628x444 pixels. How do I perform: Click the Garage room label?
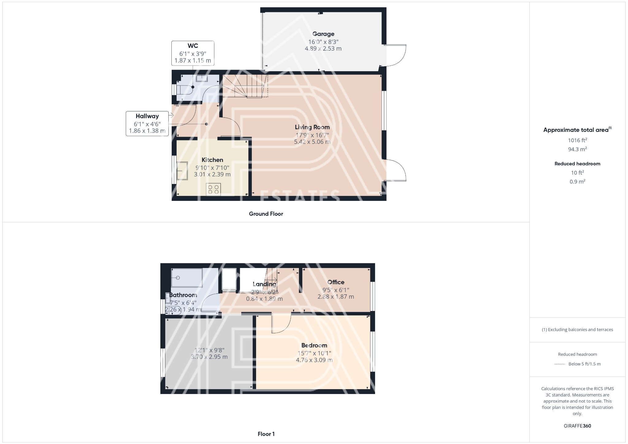[x=323, y=34]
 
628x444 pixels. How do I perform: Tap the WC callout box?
[x=193, y=53]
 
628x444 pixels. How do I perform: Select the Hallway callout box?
[x=147, y=124]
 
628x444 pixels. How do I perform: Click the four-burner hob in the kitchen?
[x=213, y=189]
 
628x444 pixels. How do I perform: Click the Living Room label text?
[x=312, y=127]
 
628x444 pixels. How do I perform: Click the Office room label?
[x=336, y=282]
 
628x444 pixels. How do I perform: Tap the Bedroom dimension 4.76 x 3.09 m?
[x=314, y=360]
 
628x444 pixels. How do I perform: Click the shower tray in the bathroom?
[x=187, y=278]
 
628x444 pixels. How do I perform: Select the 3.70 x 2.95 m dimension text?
[x=209, y=357]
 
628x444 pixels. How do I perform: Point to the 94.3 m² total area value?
[x=577, y=149]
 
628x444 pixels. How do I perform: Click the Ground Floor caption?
[x=266, y=214]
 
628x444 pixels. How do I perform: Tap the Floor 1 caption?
[x=266, y=434]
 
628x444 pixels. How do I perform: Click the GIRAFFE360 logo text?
[x=577, y=426]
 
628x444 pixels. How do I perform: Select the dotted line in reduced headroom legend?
[x=560, y=364]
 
